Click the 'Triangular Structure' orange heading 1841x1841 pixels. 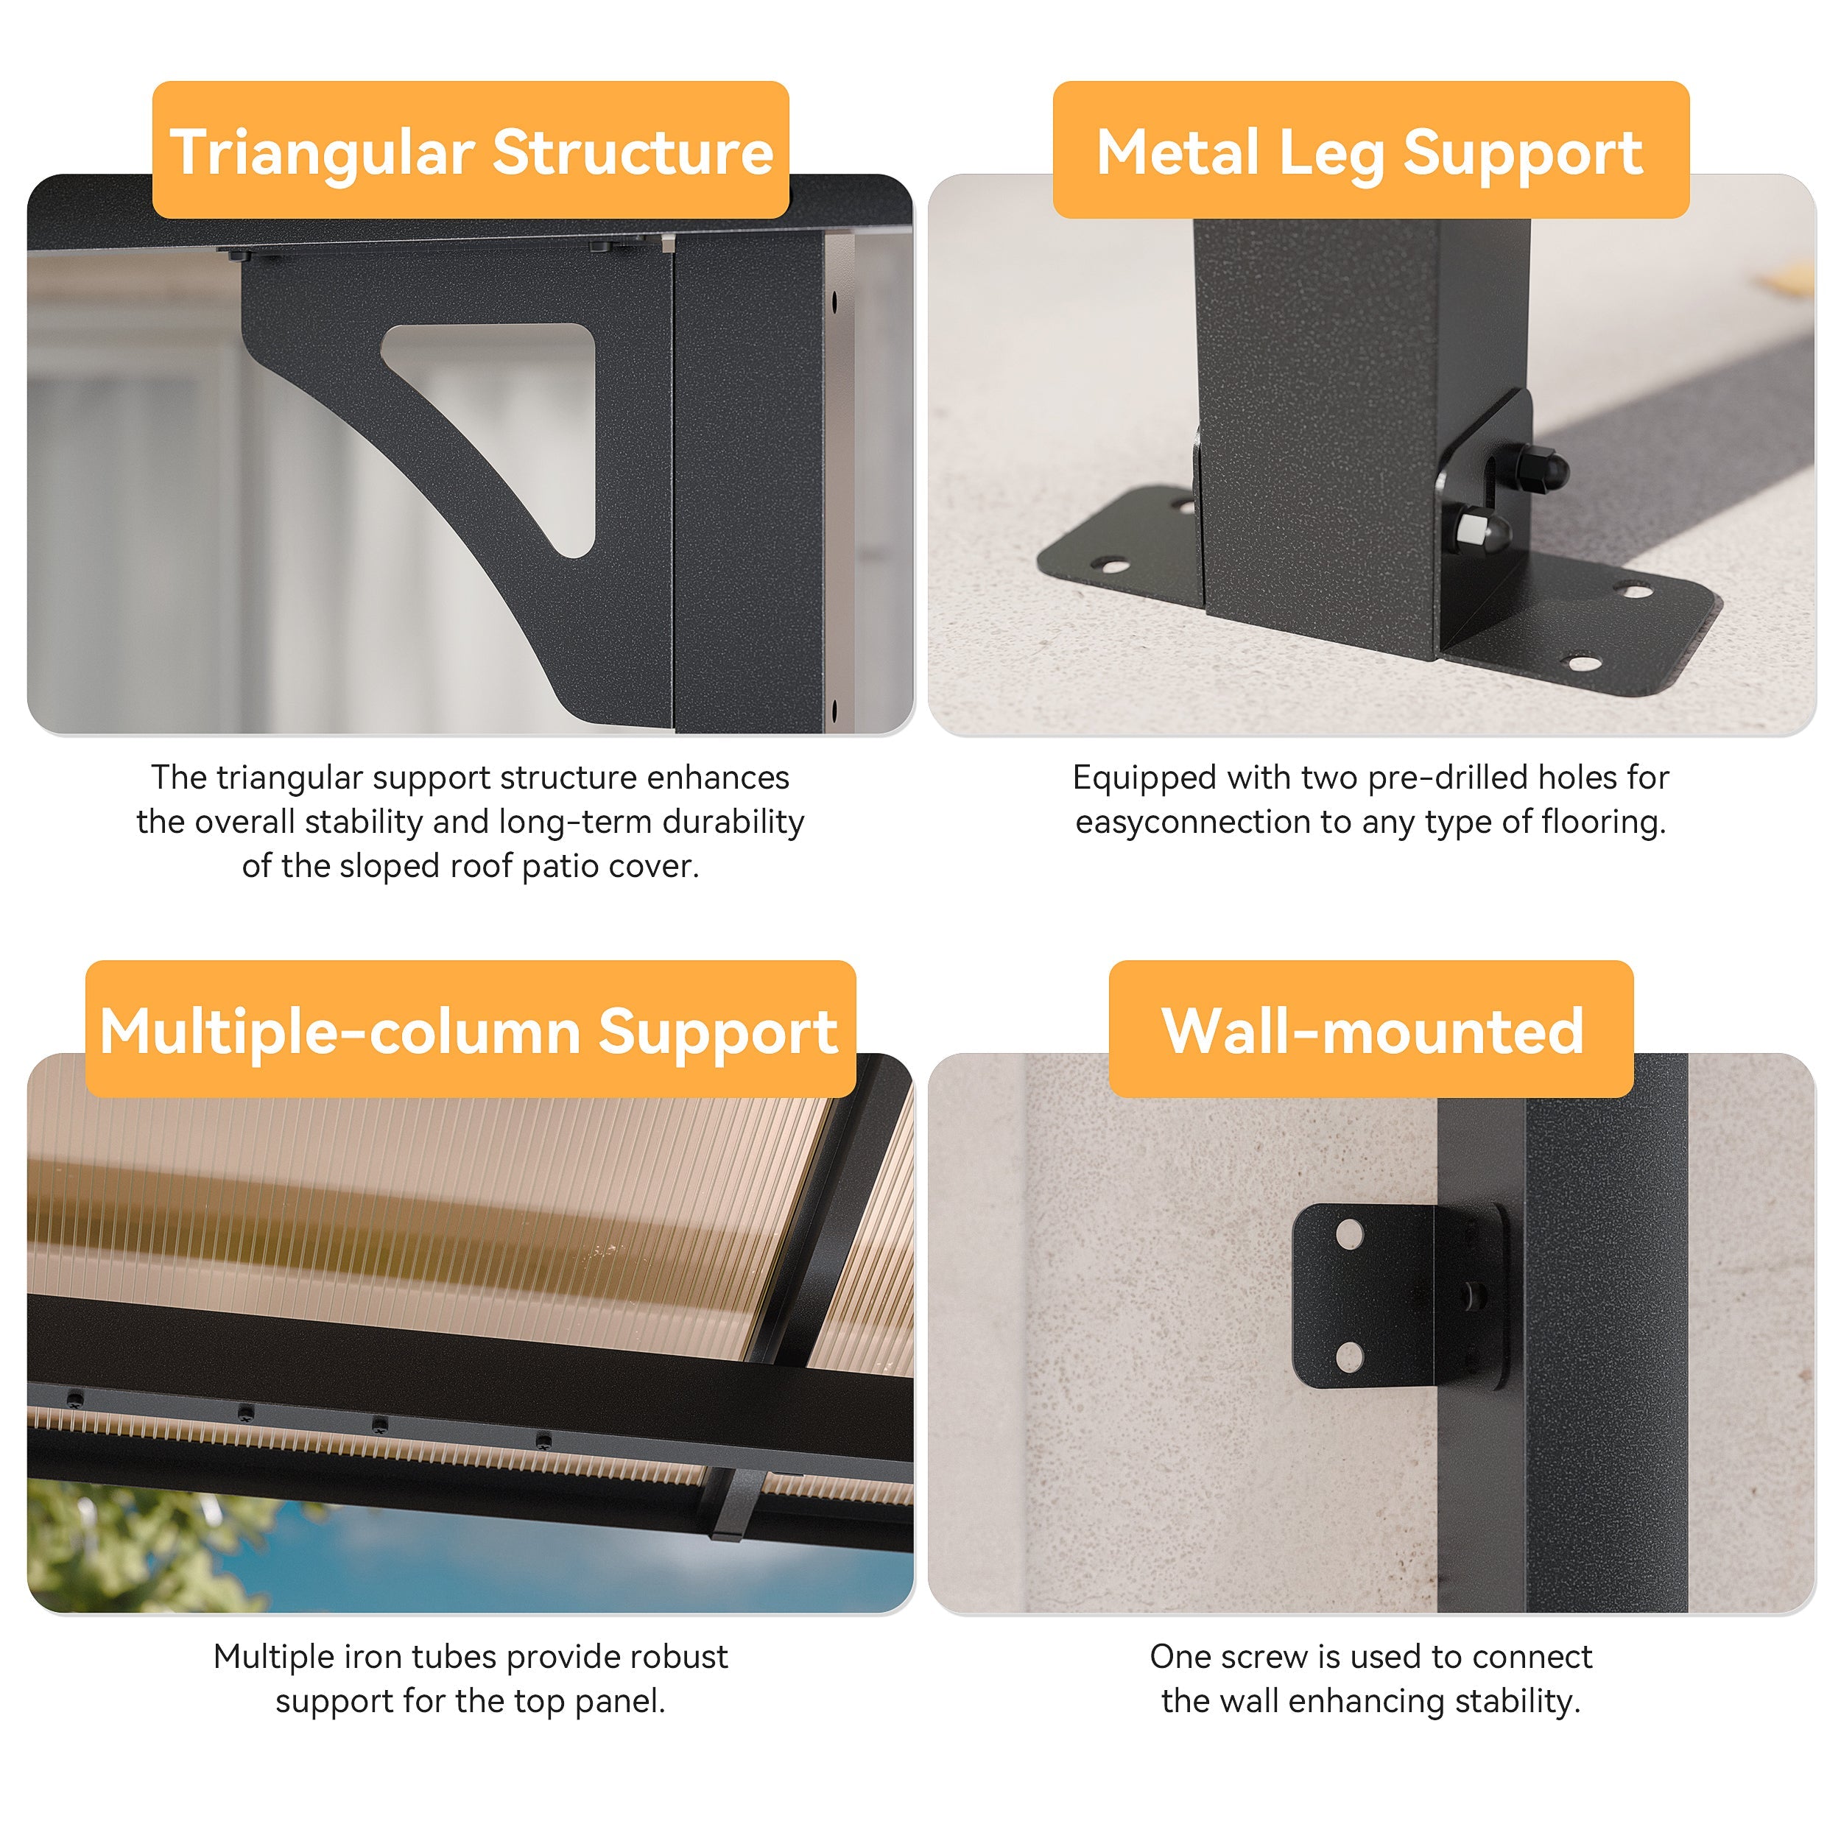(471, 150)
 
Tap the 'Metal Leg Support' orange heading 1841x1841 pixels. (1370, 150)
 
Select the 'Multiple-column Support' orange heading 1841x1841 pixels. (471, 1029)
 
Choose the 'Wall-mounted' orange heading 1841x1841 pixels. (1371, 1029)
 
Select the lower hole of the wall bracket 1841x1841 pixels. (1349, 1356)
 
